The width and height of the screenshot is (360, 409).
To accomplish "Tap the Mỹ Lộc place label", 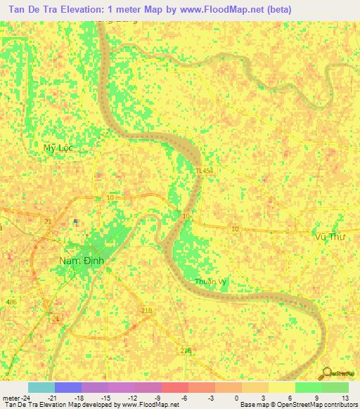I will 58,148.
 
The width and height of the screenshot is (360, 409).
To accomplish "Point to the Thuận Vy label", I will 210,282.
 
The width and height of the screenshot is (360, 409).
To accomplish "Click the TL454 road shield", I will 204,170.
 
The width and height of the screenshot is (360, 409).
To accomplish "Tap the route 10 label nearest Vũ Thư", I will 235,229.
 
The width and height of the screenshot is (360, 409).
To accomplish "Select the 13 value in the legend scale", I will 345,397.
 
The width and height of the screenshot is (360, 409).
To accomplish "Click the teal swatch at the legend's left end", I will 41,387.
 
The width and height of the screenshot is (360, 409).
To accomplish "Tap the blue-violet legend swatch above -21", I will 67,387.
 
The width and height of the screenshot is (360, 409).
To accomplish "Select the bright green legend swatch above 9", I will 308,387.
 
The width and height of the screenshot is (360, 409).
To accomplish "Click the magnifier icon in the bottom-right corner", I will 326,373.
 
